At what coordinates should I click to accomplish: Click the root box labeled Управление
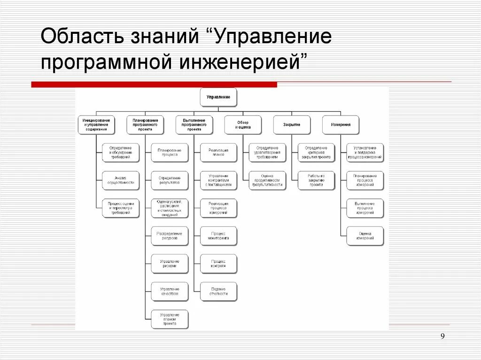(x=218, y=97)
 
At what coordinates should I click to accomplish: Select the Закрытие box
(x=292, y=125)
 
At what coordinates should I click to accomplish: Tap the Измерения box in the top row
(x=341, y=125)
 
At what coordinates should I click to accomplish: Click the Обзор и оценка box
(x=243, y=125)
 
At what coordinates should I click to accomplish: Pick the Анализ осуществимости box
(x=121, y=181)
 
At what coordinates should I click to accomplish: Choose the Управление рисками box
(x=170, y=264)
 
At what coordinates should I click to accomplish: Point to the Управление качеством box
(x=170, y=291)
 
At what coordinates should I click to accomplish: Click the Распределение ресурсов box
(x=170, y=236)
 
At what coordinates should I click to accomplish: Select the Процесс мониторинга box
(x=218, y=236)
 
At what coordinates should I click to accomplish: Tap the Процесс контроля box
(x=218, y=264)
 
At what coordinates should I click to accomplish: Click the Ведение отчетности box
(x=218, y=291)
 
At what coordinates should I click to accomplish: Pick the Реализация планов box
(x=218, y=153)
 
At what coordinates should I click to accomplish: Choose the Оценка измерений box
(x=365, y=236)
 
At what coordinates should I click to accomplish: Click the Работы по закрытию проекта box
(x=316, y=181)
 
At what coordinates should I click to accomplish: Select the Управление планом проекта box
(x=170, y=319)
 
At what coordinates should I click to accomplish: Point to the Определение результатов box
(x=170, y=181)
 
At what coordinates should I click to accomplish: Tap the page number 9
(x=443, y=336)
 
